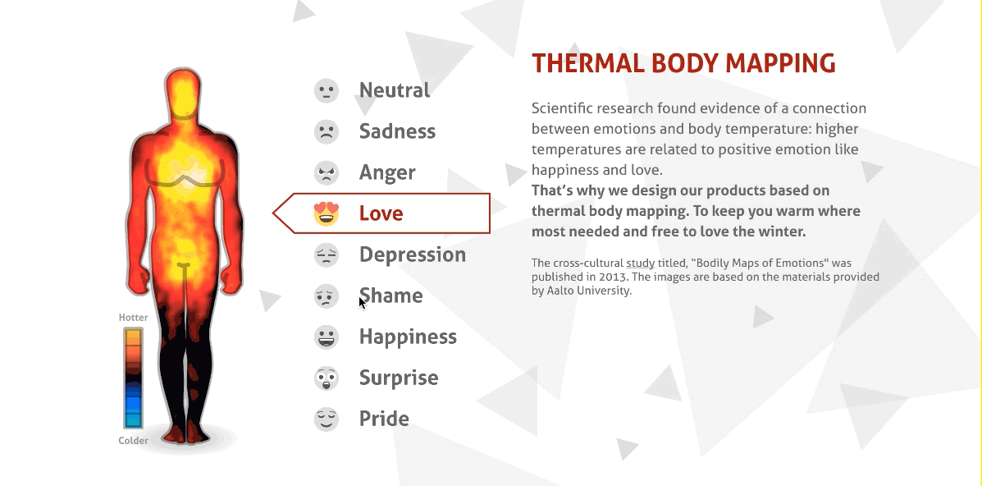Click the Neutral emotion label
[394, 90]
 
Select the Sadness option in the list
[397, 131]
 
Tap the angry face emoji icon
[327, 172]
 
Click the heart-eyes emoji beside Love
[327, 213]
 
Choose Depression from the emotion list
[412, 254]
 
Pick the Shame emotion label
[391, 296]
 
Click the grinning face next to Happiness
[327, 337]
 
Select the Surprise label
[399, 378]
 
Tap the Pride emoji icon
[327, 419]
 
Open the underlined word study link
[640, 264]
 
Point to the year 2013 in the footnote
[612, 277]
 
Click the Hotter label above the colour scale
[134, 318]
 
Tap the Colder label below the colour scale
[134, 441]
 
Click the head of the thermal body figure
[183, 93]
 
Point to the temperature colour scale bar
[133, 378]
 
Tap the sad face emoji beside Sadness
[327, 131]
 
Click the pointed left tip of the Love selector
[274, 213]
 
